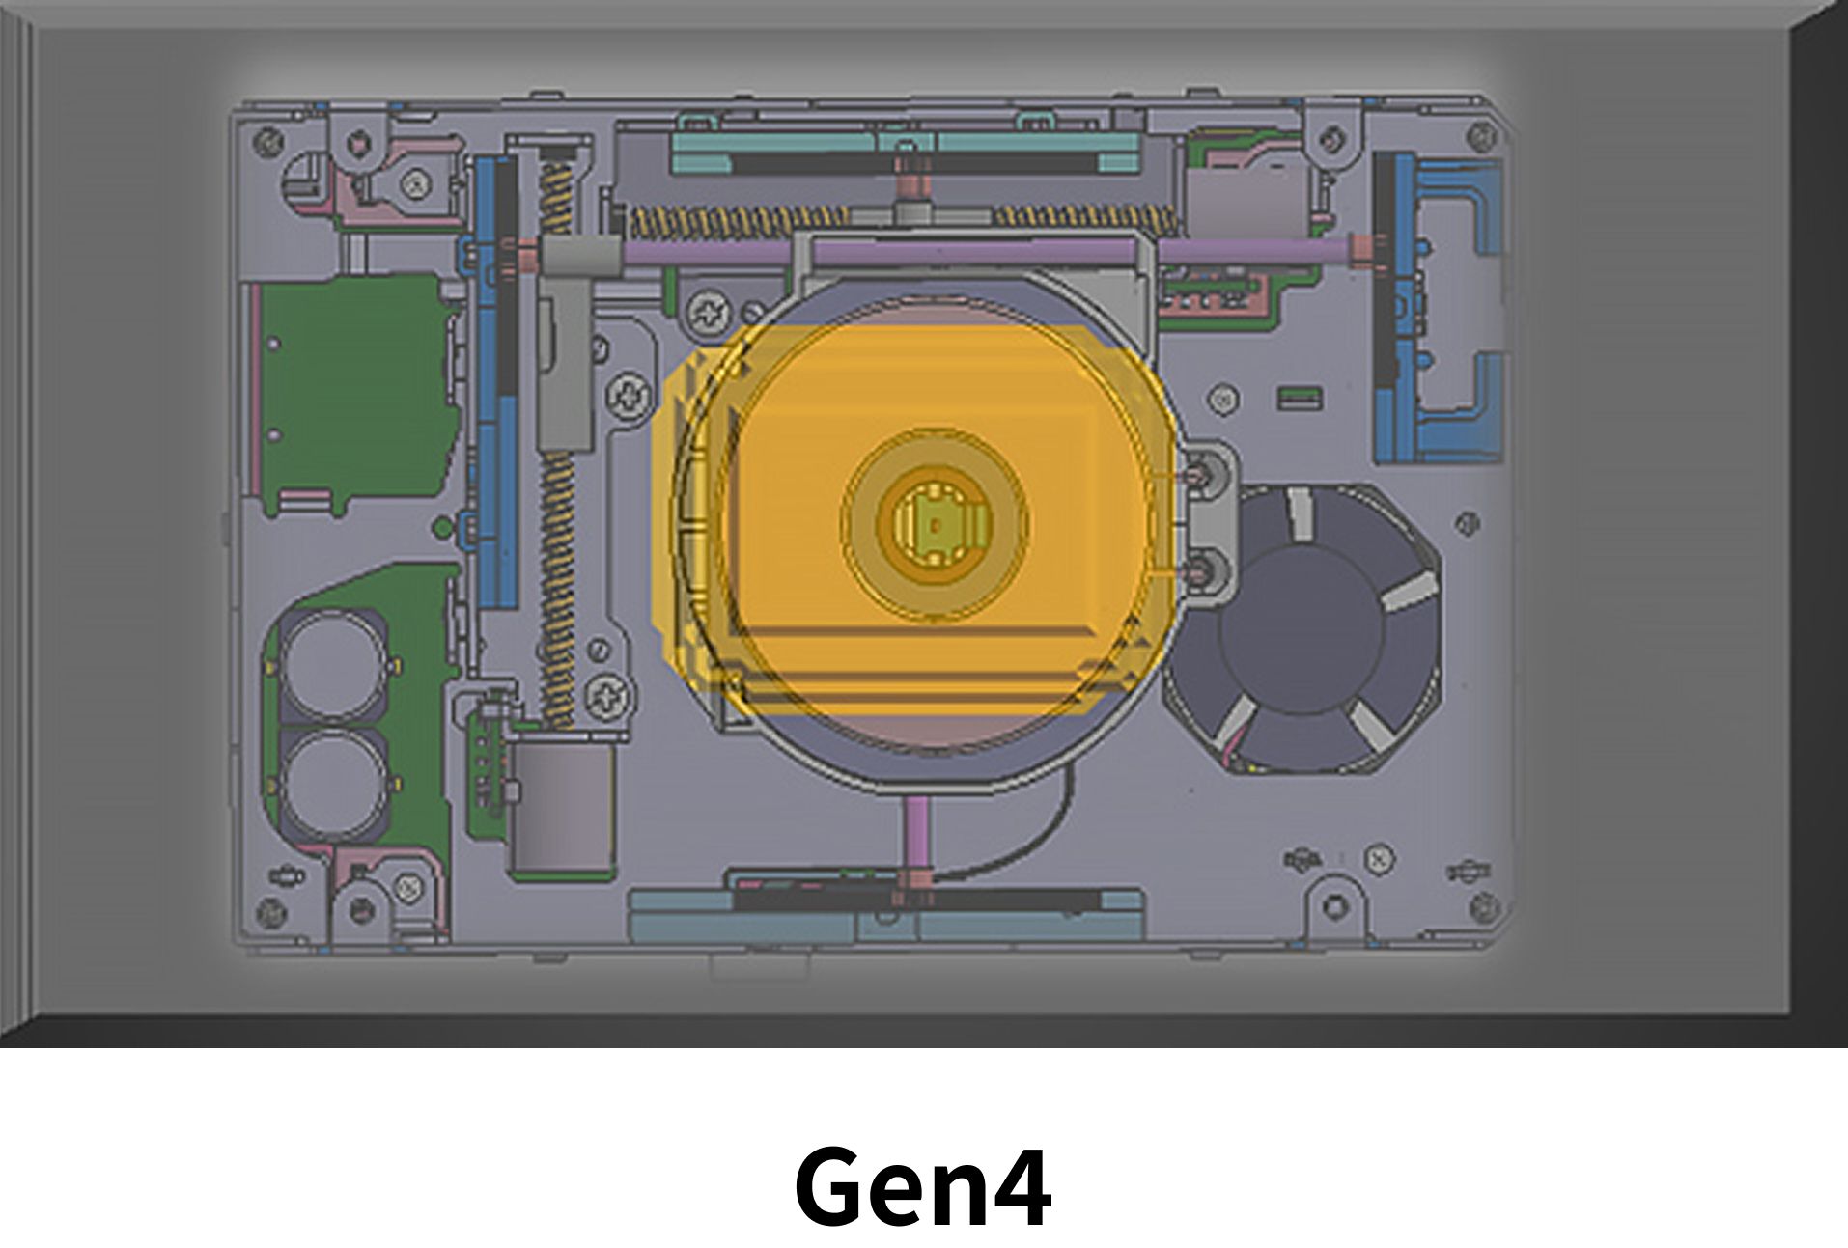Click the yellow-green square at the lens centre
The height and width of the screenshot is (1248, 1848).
[x=934, y=525]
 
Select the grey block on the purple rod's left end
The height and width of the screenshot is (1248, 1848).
[x=579, y=255]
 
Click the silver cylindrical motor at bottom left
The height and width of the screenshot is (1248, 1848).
[x=562, y=809]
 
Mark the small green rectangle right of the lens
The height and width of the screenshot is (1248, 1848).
[x=1299, y=396]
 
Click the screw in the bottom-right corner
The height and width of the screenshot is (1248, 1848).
[x=1487, y=906]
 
